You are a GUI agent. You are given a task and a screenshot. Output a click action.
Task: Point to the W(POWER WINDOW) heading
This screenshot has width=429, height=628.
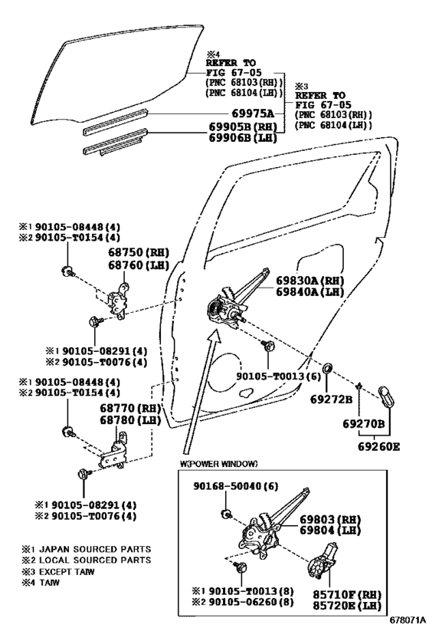[219, 463]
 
